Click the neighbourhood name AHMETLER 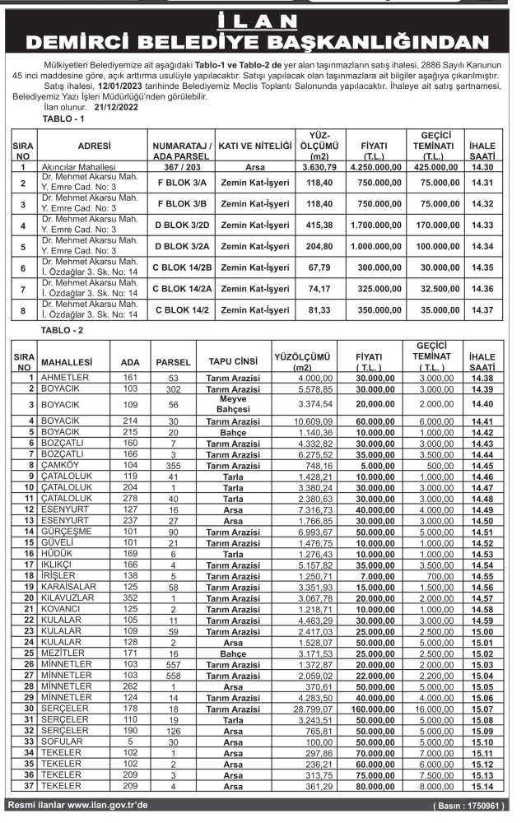(64, 377)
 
